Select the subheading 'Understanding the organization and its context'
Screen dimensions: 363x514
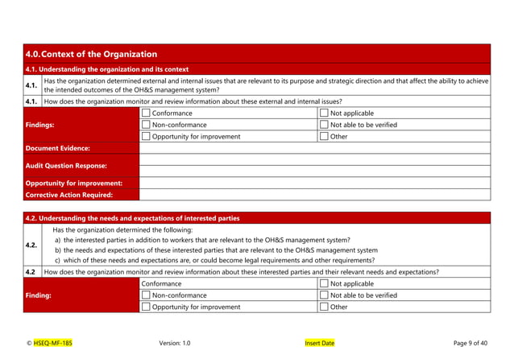tap(107, 69)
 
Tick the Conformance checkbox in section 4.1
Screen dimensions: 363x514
tap(146, 113)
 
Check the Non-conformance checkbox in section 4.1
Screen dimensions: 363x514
tap(146, 125)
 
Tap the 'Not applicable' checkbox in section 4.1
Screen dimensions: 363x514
tap(325, 113)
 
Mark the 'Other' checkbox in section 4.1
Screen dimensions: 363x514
tap(325, 136)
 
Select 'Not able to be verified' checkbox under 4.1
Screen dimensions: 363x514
tap(325, 125)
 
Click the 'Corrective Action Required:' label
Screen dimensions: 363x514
tap(68, 194)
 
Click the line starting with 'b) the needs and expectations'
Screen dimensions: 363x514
tap(215, 250)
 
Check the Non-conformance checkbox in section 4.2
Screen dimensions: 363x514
tap(146, 295)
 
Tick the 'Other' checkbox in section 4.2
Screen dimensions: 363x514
tap(325, 307)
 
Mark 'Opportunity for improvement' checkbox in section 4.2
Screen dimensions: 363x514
tap(146, 307)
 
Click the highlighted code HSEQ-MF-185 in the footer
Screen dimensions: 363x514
tap(52, 343)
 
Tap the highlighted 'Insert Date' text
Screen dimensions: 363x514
tap(319, 343)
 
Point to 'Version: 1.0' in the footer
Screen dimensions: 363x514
tap(175, 343)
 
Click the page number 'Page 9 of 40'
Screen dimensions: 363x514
tap(470, 343)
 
